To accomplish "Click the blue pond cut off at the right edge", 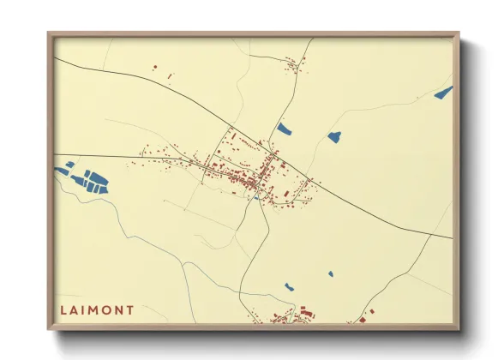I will point(443,93).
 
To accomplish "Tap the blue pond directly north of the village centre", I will point(284,129).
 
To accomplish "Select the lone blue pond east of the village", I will point(333,136).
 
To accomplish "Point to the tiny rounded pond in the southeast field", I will point(330,274).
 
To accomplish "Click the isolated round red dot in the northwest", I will point(155,68).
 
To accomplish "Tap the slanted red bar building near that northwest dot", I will point(169,77).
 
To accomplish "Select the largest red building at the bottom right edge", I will point(362,320).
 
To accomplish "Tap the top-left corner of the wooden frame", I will point(50,35).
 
